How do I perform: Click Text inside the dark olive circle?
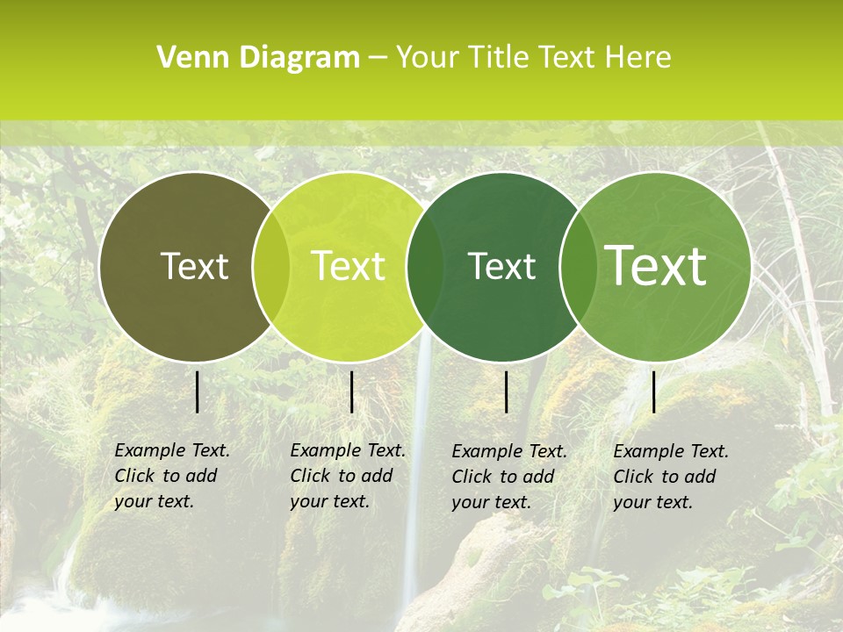pyautogui.click(x=194, y=267)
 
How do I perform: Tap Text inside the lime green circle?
pyautogui.click(x=348, y=267)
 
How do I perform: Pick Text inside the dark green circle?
pyautogui.click(x=501, y=267)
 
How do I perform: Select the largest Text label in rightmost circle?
pyautogui.click(x=656, y=266)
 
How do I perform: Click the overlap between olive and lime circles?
pyautogui.click(x=270, y=267)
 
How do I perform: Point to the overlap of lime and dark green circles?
pyautogui.click(x=425, y=267)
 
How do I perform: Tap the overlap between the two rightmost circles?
pyautogui.click(x=577, y=267)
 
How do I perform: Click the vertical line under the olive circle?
pyautogui.click(x=198, y=391)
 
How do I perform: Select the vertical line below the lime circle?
pyautogui.click(x=351, y=391)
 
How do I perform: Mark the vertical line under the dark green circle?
pyautogui.click(x=507, y=391)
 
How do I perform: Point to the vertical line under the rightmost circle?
pyautogui.click(x=654, y=391)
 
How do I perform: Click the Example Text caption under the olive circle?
pyautogui.click(x=172, y=476)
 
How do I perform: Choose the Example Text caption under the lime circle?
pyautogui.click(x=348, y=476)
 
